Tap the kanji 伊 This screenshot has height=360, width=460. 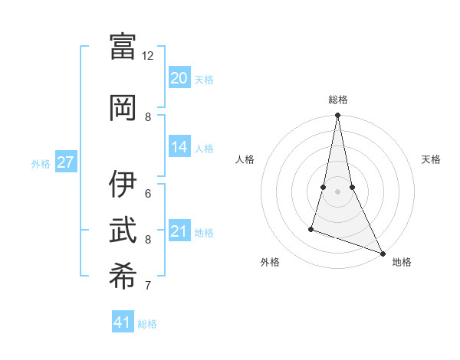coord(123,184)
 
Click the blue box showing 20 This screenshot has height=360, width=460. coord(179,78)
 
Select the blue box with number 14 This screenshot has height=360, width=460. coord(179,147)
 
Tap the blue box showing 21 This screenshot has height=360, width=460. coord(179,231)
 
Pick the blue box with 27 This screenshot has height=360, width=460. coord(66,162)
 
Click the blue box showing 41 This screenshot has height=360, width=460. coord(123,322)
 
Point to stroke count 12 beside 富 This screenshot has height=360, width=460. coord(148,56)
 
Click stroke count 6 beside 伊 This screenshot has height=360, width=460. coord(148,193)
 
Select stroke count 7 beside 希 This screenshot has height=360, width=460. coord(148,286)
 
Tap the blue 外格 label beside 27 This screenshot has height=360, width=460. coord(41,163)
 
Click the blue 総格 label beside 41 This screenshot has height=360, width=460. coord(147,324)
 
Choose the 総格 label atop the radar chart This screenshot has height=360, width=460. coord(337,100)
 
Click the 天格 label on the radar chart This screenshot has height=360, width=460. coord(431,159)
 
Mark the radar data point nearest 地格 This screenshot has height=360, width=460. coord(382,254)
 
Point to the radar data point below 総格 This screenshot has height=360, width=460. coord(337,116)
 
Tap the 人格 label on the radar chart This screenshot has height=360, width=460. coord(245,159)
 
